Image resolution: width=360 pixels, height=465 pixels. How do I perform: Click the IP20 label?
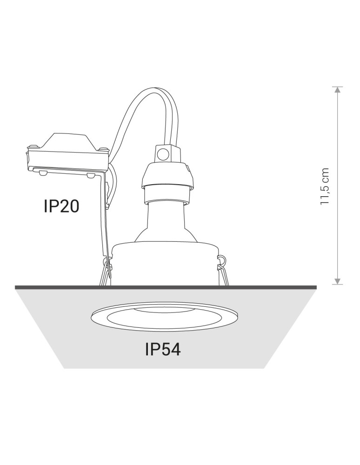(61, 206)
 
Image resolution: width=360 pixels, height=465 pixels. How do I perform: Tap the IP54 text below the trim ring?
(163, 349)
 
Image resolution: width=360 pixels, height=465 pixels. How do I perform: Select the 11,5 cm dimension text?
(325, 186)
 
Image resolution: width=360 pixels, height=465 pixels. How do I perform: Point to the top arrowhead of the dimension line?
(337, 89)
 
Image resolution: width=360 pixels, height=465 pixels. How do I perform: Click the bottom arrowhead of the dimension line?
(337, 281)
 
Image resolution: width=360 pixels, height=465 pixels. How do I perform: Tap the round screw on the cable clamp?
(162, 154)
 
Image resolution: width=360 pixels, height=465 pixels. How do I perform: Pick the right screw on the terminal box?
(104, 148)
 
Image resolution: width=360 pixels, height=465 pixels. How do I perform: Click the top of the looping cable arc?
(157, 89)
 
